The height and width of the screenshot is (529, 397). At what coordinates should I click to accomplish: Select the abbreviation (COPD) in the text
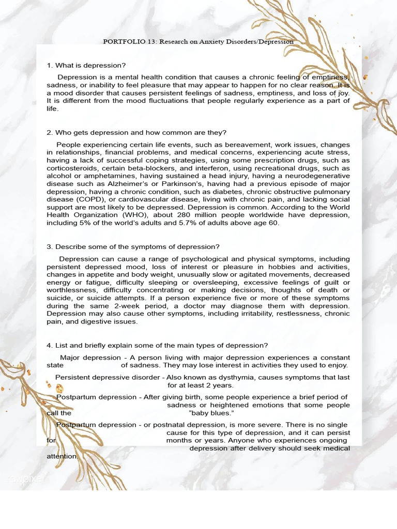(77, 199)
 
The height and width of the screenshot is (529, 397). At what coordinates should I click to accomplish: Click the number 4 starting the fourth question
(49, 346)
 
